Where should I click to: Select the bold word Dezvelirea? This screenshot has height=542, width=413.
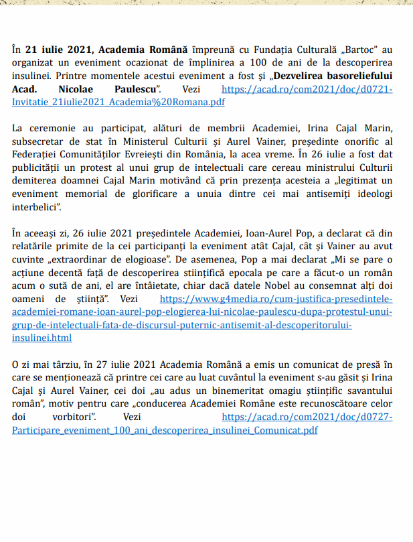click(x=298, y=76)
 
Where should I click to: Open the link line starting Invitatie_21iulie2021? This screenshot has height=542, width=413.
click(x=118, y=102)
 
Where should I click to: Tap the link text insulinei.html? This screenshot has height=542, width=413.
click(x=42, y=338)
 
